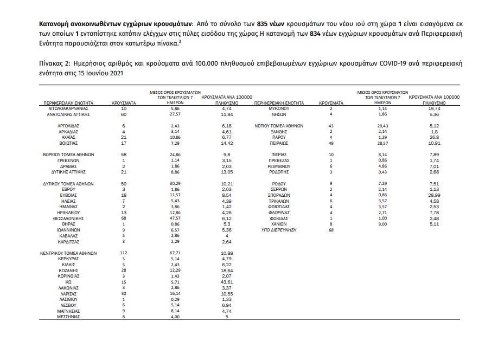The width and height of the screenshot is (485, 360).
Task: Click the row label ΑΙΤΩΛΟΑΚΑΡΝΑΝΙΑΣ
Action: click(x=68, y=109)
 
